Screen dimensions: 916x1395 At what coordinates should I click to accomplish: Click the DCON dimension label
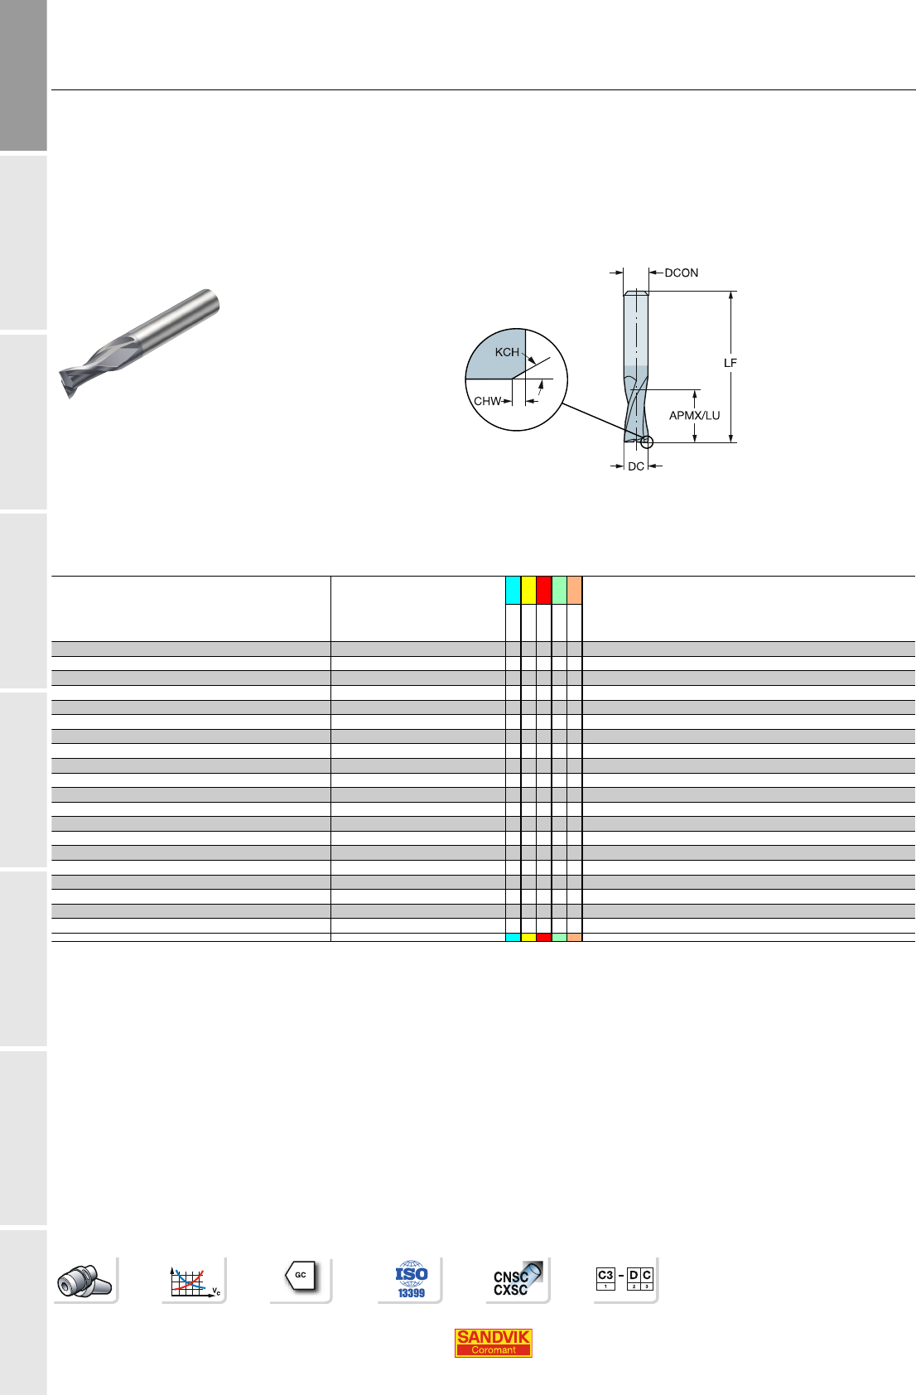[x=682, y=273]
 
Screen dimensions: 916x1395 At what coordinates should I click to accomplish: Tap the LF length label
[x=730, y=363]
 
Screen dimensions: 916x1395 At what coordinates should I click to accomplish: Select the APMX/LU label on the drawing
[x=694, y=415]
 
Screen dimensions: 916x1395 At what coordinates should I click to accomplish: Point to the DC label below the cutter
[x=636, y=466]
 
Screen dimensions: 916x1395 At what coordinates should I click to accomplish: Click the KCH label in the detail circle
[x=507, y=352]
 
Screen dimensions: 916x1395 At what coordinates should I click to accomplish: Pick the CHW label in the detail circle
[x=488, y=401]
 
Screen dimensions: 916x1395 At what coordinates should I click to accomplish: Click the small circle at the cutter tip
[x=647, y=442]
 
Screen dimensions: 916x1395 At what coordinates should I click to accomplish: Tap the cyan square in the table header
[x=513, y=590]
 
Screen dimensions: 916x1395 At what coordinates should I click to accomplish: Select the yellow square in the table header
[x=528, y=590]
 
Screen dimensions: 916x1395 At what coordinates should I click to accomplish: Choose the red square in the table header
[x=543, y=590]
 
